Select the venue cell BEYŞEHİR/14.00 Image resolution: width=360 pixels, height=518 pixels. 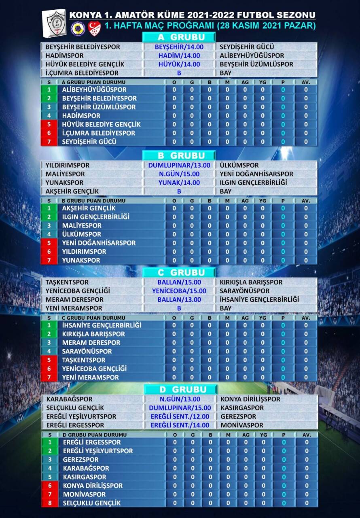179,47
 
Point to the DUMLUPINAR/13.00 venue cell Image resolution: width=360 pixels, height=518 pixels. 179,165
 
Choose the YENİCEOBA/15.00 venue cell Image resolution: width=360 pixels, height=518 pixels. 179,291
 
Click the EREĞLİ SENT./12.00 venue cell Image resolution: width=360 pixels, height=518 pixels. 180,416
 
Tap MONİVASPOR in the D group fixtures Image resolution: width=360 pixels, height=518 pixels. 242,425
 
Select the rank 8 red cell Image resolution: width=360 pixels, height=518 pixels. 50,503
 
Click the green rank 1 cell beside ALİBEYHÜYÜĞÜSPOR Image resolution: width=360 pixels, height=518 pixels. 49,90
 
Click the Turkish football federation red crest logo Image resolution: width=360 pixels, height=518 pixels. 94,28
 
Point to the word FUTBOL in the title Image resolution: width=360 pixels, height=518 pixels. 258,15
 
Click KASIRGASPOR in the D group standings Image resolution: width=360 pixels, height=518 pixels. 85,477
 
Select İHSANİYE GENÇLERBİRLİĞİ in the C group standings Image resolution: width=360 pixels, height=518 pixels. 102,325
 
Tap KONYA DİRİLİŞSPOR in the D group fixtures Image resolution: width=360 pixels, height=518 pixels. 250,399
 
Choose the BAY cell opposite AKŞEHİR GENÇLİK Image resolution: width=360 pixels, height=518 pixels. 226,191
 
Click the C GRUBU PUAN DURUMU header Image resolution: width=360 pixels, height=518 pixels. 88,318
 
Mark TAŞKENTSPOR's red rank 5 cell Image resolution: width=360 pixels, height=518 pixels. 49,360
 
